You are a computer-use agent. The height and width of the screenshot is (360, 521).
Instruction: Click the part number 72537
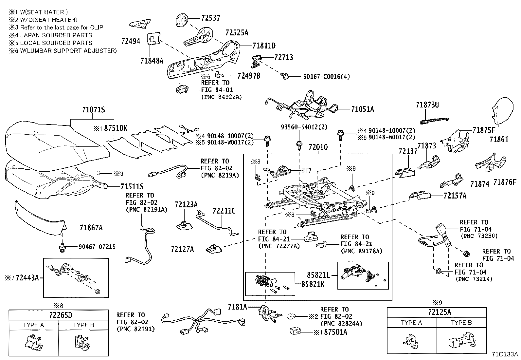tap(210, 18)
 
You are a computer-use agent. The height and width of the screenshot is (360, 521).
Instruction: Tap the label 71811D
tap(264, 46)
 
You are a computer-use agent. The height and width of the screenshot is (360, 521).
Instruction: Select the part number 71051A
tap(362, 109)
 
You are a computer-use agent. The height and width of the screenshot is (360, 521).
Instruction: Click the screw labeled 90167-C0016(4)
tap(285, 76)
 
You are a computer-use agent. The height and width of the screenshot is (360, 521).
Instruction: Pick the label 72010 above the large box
tap(318, 147)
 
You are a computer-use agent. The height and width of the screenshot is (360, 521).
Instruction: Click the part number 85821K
tap(313, 284)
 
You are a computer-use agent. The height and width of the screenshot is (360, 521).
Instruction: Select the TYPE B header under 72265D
tap(83, 325)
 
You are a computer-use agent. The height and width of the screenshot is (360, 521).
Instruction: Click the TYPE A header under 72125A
tap(411, 323)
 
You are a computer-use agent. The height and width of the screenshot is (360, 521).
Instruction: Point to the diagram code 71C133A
tap(505, 354)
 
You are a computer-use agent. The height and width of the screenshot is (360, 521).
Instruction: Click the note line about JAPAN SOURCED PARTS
tap(50, 35)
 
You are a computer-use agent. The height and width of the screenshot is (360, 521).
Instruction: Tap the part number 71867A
tap(91, 228)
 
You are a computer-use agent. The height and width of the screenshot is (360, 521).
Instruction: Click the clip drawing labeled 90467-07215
tap(62, 247)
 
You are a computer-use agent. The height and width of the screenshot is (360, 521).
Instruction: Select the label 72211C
tap(224, 211)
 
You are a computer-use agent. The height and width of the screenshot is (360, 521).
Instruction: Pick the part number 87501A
tap(335, 332)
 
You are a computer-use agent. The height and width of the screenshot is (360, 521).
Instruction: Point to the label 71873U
tap(427, 105)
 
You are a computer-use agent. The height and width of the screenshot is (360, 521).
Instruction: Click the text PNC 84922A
tap(222, 97)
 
